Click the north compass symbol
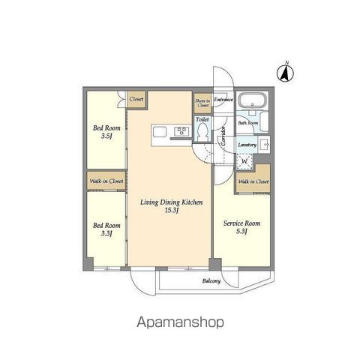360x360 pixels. (x=286, y=73)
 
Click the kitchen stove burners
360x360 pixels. (x=181, y=132)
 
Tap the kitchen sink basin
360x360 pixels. (x=160, y=132)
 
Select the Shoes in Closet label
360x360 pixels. (x=202, y=103)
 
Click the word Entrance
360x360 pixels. (x=223, y=99)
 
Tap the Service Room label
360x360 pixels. (x=241, y=223)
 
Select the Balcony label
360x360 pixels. (x=211, y=281)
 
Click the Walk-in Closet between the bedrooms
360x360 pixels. (x=106, y=181)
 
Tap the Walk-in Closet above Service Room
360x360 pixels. (x=253, y=181)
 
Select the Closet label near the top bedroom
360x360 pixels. (x=136, y=99)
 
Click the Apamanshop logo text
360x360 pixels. (x=180, y=322)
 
